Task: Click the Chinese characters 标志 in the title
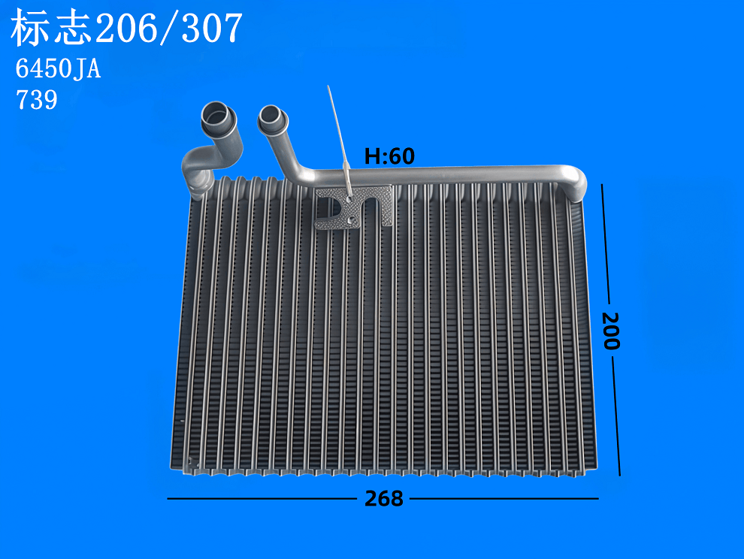pyautogui.click(x=52, y=30)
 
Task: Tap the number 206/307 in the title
pyautogui.click(x=168, y=30)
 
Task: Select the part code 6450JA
pyautogui.click(x=58, y=70)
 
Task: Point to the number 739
pyautogui.click(x=37, y=100)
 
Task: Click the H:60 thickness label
pyautogui.click(x=389, y=156)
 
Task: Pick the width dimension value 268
pyautogui.click(x=383, y=498)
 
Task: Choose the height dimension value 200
pyautogui.click(x=610, y=331)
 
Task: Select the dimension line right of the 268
pyautogui.click(x=504, y=498)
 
